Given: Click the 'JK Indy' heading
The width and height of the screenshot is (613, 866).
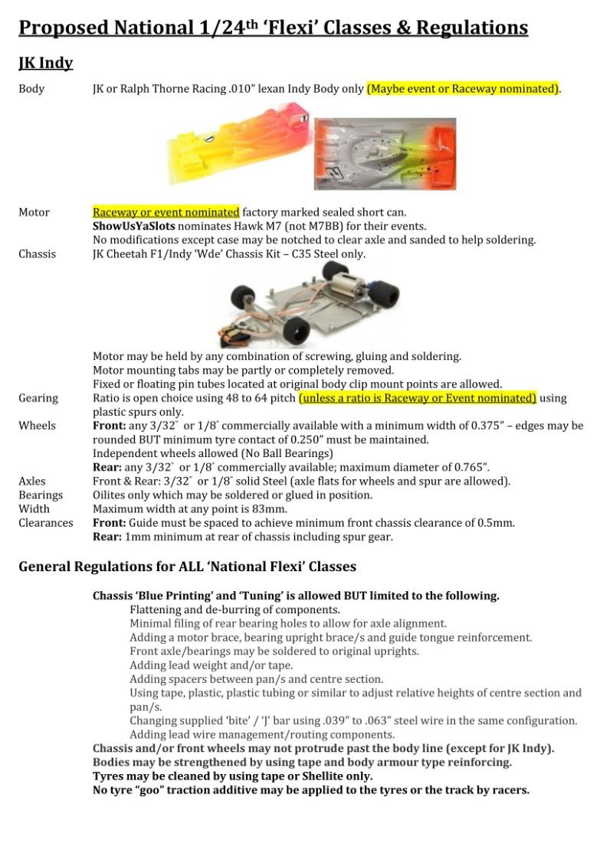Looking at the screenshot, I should [45, 62].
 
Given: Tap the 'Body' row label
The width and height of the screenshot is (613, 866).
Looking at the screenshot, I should [31, 89].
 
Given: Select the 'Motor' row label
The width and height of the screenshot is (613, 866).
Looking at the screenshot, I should [34, 212].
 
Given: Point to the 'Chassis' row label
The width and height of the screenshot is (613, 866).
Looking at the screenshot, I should [37, 253].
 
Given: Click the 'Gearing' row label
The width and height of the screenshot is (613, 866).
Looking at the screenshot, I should [38, 398].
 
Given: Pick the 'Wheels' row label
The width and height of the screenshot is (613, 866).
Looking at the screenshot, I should [37, 426].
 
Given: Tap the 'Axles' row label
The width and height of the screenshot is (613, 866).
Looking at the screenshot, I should [32, 482].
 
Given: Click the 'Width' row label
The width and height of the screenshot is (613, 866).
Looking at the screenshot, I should [34, 509].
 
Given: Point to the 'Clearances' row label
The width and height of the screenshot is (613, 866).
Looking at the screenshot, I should [46, 523].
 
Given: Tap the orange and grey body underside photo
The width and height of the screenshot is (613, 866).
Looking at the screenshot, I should [385, 154].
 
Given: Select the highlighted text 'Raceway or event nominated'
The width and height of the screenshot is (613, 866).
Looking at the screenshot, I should [166, 212].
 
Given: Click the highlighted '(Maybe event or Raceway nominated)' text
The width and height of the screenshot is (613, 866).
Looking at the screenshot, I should [463, 89].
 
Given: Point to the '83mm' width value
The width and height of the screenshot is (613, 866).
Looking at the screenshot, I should [271, 509].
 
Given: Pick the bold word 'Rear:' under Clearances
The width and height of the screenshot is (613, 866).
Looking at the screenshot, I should [108, 537].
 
